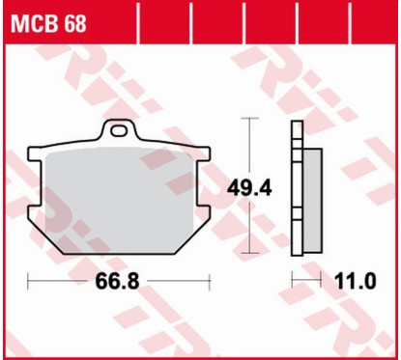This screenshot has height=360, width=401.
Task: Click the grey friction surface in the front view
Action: pos(120,193)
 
